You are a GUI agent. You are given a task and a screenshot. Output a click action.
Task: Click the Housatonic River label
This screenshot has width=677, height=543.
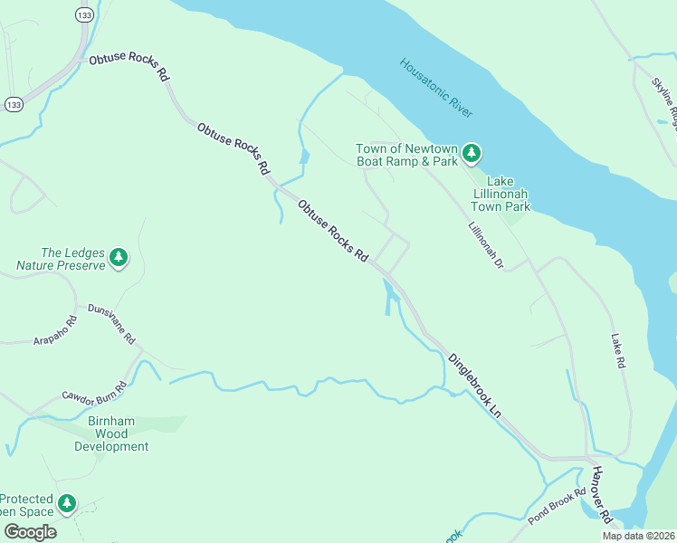(436, 88)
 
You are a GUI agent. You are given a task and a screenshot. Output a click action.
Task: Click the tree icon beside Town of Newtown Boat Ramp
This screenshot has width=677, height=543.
(471, 154)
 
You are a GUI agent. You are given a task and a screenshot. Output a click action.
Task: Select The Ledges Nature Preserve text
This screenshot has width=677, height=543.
(61, 259)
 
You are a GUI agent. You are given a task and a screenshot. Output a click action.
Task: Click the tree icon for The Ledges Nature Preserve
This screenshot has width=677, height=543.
(119, 259)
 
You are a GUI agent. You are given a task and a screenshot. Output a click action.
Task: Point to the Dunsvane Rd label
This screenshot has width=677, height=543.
(111, 324)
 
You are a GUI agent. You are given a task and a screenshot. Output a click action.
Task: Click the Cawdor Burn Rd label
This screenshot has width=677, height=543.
(94, 394)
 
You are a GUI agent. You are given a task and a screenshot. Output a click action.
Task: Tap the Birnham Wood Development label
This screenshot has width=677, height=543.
(111, 433)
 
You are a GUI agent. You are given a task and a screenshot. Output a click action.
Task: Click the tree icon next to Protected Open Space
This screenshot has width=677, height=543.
(66, 502)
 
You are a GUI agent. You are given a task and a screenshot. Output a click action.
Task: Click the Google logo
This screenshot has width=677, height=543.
(30, 532)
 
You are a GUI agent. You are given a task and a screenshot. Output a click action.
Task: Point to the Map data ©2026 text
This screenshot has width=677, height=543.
(638, 536)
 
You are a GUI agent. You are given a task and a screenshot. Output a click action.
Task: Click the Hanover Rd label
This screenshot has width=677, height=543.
(602, 497)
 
